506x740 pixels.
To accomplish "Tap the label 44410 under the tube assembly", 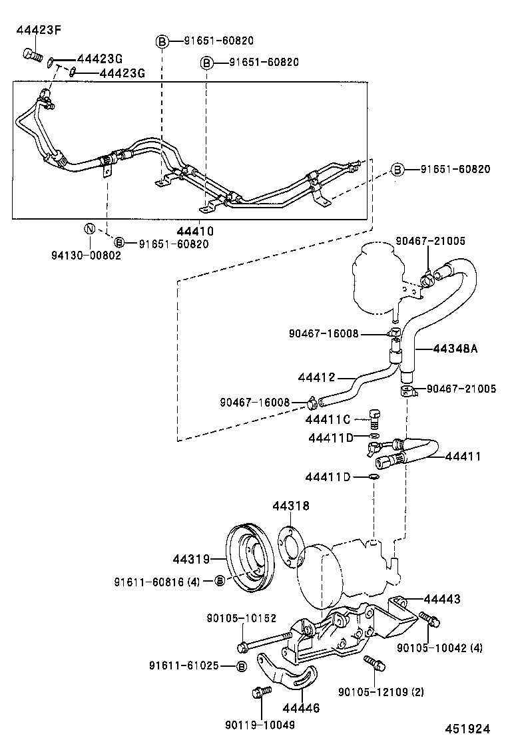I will pyautogui.click(x=195, y=232).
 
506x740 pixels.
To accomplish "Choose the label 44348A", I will pyautogui.click(x=455, y=348).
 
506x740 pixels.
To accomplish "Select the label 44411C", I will pyautogui.click(x=328, y=419).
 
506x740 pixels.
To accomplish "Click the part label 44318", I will pyautogui.click(x=290, y=506).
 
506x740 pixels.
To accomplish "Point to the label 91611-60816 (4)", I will pyautogui.click(x=156, y=582).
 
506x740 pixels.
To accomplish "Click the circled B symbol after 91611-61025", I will pyautogui.click(x=241, y=666).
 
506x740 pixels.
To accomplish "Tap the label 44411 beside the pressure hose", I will pyautogui.click(x=463, y=456).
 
